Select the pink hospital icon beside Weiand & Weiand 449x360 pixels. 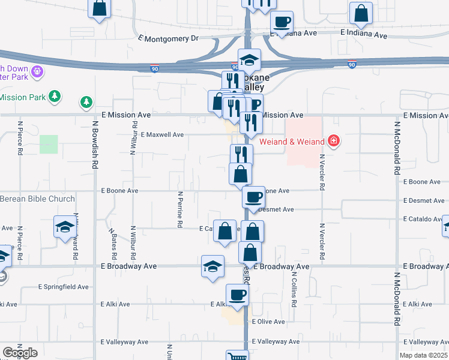click(334, 142)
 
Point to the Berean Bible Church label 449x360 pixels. click(37, 199)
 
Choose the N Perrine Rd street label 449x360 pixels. click(179, 209)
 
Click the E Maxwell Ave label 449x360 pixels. click(162, 135)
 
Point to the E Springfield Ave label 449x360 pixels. click(64, 287)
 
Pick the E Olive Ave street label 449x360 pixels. click(268, 322)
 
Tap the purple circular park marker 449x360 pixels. click(37, 71)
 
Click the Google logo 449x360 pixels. click(19, 353)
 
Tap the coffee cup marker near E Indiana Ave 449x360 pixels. click(281, 22)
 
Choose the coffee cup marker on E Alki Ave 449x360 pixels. click(237, 295)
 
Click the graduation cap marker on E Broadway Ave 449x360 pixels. click(212, 266)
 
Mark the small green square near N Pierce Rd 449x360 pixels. click(49, 144)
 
